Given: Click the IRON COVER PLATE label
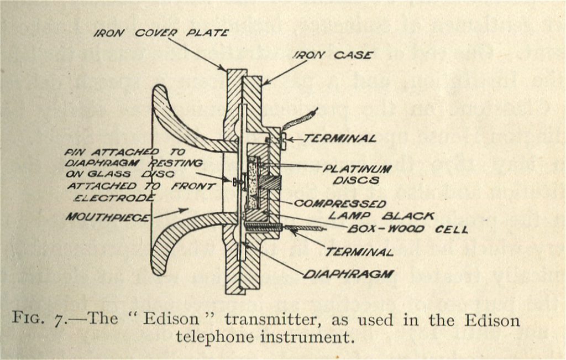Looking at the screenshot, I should pyautogui.click(x=161, y=33).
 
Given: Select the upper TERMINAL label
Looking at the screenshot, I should pyautogui.click(x=339, y=138).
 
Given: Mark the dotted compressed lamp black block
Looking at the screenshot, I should pyautogui.click(x=253, y=183).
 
